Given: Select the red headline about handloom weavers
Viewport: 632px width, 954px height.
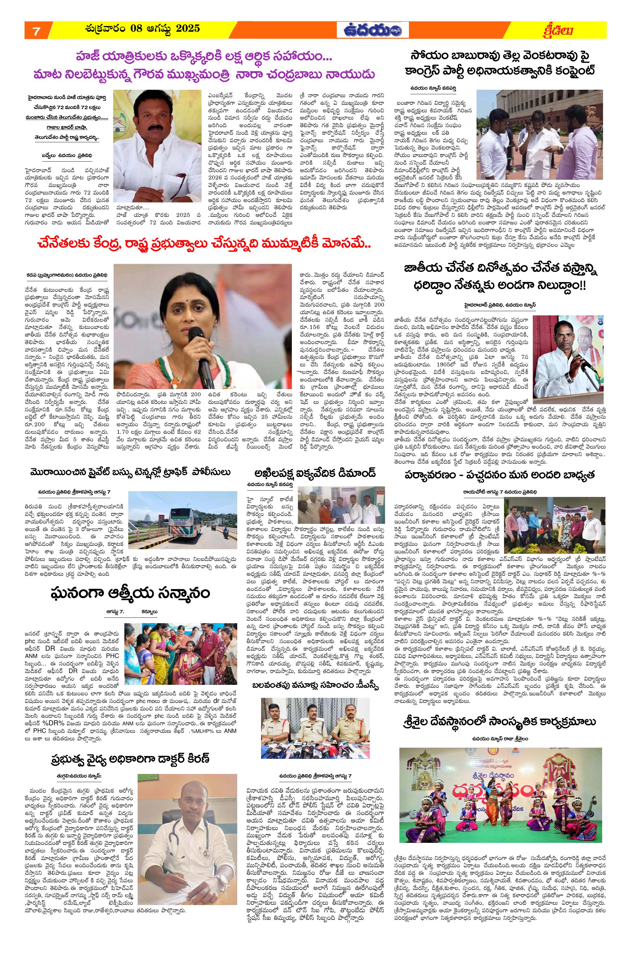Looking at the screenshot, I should point(203,245).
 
